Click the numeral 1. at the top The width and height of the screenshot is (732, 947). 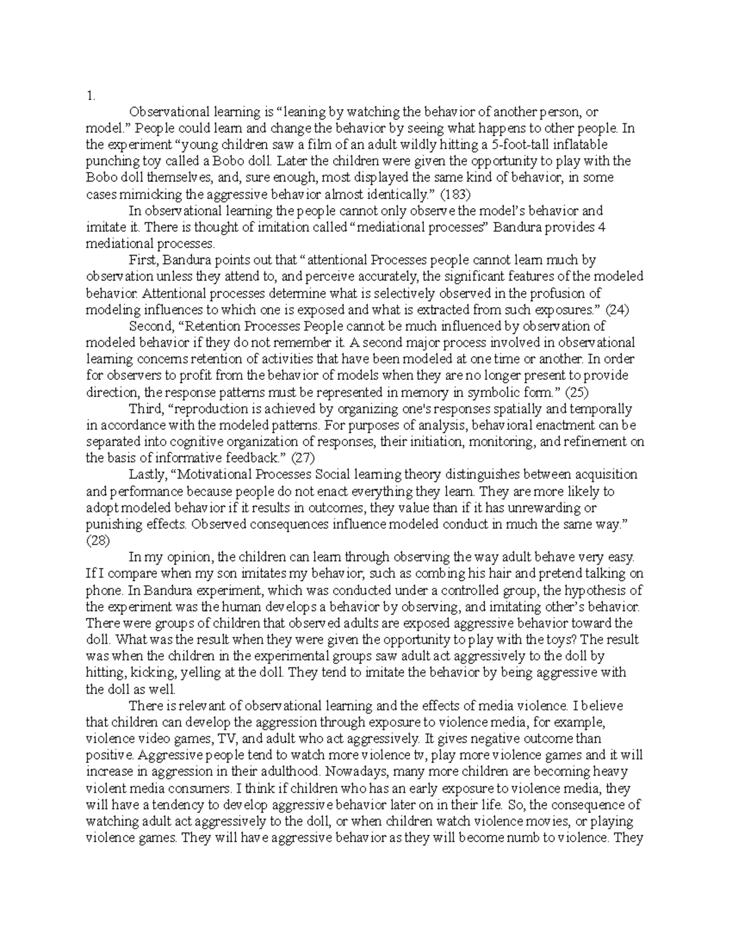(90, 95)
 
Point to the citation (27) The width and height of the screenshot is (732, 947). (293, 458)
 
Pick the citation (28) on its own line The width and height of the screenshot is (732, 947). (98, 540)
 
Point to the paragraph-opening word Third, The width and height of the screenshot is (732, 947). (145, 409)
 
